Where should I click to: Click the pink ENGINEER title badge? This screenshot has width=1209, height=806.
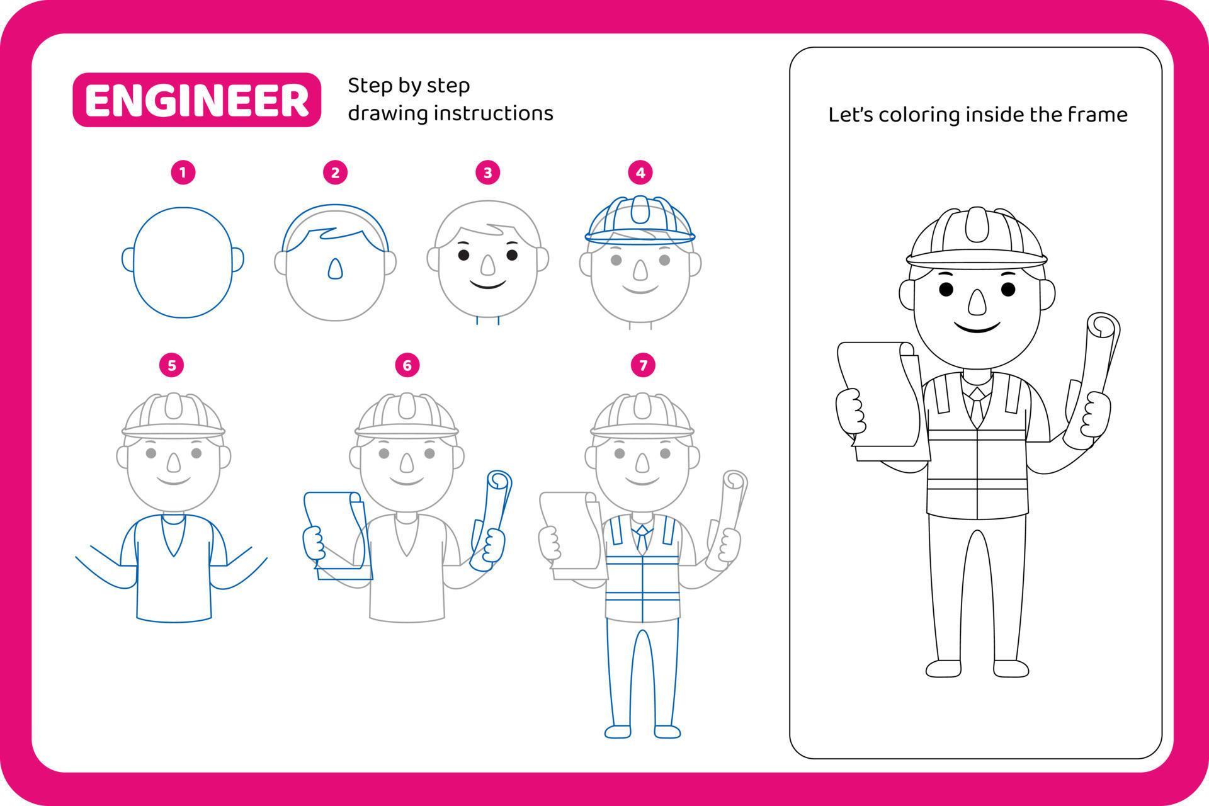(x=196, y=100)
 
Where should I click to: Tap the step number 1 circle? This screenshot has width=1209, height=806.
(x=183, y=173)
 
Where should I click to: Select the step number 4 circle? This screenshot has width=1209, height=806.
(x=640, y=173)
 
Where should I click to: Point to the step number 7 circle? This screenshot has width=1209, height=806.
(x=643, y=365)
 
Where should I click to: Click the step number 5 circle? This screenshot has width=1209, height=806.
(x=172, y=365)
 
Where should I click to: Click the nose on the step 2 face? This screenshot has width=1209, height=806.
(x=336, y=268)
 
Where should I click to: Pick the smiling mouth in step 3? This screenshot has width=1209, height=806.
(x=488, y=285)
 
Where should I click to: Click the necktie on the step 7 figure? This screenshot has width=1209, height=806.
(x=642, y=538)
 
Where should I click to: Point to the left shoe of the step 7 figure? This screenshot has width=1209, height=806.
(x=618, y=731)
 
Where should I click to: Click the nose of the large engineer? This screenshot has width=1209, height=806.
(x=977, y=303)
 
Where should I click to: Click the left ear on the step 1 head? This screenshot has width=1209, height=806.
(x=128, y=259)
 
